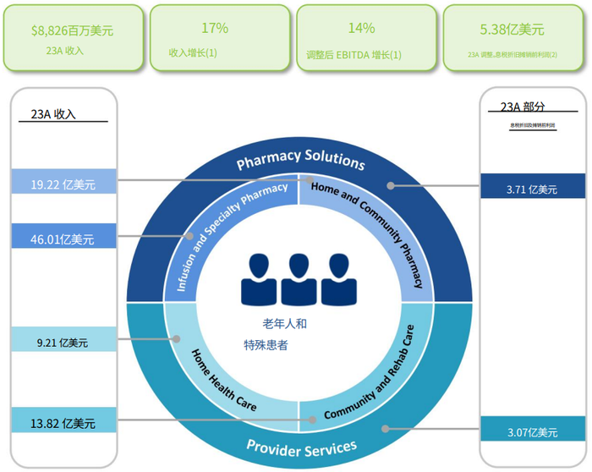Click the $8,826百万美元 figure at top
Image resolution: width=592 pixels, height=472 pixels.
coord(72,30)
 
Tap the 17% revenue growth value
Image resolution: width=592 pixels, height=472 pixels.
coord(215,28)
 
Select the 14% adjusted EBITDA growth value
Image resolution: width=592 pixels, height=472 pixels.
coord(361,28)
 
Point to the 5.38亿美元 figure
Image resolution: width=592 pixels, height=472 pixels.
coord(511,29)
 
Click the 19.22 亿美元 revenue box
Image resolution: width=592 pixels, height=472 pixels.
coord(63,182)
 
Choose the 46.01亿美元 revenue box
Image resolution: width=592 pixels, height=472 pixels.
coord(63,239)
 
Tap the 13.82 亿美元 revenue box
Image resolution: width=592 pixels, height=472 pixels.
coord(63,423)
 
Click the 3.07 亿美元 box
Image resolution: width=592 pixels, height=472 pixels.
coord(532,432)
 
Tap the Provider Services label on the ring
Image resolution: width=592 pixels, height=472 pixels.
coord(301,445)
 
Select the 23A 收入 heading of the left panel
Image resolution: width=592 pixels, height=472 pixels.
coord(52,114)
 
